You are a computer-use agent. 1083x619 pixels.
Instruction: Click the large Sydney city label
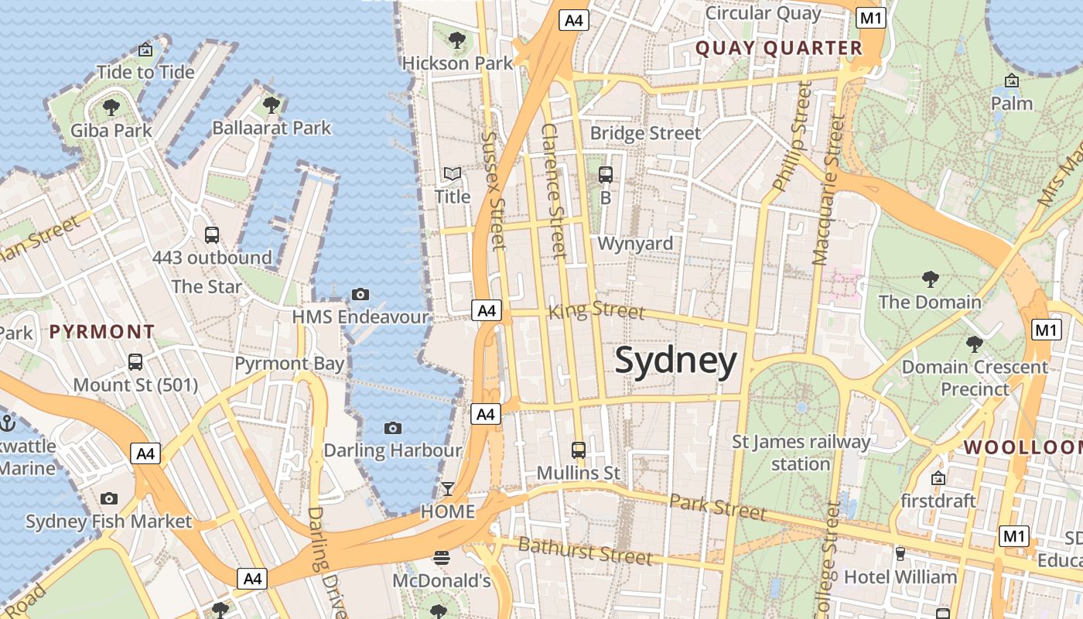(676, 361)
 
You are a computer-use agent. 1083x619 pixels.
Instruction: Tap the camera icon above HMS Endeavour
(360, 294)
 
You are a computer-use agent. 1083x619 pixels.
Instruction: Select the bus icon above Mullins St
(578, 450)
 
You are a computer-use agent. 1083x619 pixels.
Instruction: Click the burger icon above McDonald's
(442, 557)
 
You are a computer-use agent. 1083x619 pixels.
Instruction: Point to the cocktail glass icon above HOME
(447, 489)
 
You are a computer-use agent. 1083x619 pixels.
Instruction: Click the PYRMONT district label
(102, 332)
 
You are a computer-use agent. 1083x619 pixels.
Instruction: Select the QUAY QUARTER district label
(778, 48)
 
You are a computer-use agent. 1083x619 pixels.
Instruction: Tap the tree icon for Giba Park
(111, 107)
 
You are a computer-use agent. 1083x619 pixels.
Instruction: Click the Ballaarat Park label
(272, 128)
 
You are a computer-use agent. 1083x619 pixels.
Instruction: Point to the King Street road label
(596, 311)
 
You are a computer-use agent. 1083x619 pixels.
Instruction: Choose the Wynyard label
(635, 244)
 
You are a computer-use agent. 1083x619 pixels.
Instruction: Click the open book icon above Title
(452, 174)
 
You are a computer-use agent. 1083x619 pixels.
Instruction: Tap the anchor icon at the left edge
(8, 423)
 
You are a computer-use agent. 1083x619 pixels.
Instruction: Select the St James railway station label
(801, 453)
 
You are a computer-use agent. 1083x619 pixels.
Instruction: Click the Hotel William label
(900, 577)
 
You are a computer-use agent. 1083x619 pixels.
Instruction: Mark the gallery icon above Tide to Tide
(145, 50)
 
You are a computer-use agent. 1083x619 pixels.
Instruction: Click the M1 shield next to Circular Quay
(871, 19)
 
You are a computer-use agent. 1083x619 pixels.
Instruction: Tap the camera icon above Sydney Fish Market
(109, 498)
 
